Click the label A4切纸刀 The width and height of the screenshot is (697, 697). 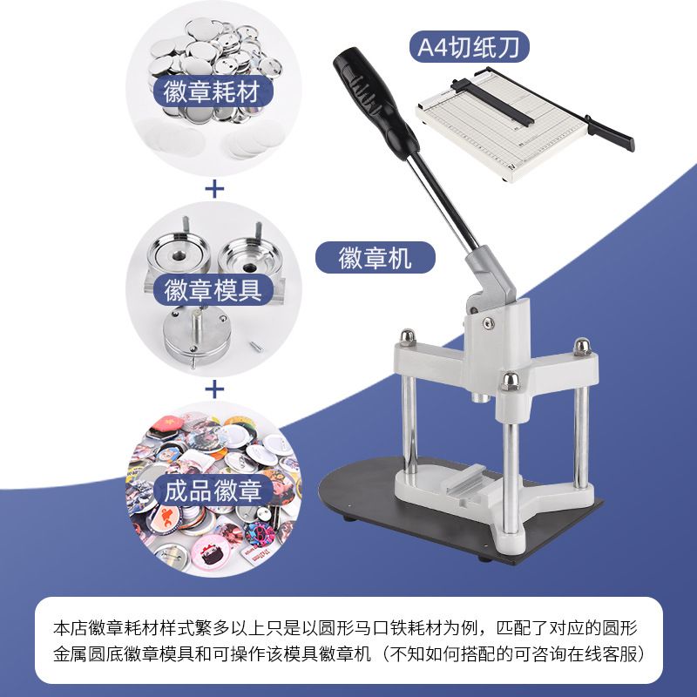pyautogui.click(x=469, y=46)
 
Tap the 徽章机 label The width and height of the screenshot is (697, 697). pyautogui.click(x=376, y=257)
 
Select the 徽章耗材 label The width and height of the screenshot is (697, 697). pyautogui.click(x=213, y=91)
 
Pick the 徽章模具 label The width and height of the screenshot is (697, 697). pyautogui.click(x=213, y=290)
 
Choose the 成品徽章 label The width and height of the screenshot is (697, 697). pyautogui.click(x=213, y=491)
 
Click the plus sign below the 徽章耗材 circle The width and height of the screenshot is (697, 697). pyautogui.click(x=214, y=189)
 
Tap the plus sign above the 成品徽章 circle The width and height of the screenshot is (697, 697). pyautogui.click(x=214, y=389)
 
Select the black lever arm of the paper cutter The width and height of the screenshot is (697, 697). pyautogui.click(x=609, y=132)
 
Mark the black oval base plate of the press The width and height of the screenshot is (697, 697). pyautogui.click(x=458, y=511)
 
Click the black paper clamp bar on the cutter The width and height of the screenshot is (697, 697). pyautogui.click(x=491, y=101)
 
